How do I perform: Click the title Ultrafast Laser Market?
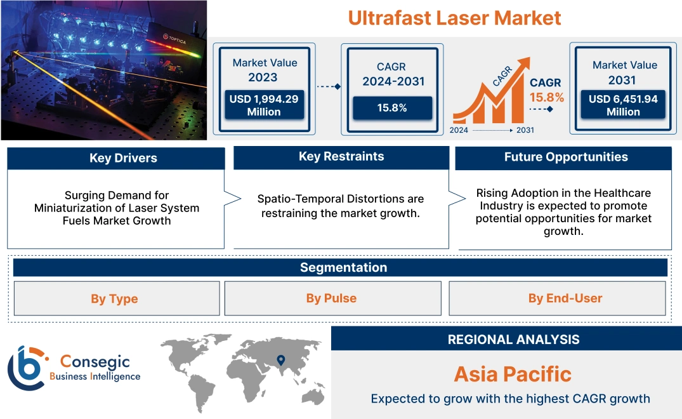coord(454,17)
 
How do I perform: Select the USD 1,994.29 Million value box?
coord(263,105)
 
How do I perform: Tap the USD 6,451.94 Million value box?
coord(622,105)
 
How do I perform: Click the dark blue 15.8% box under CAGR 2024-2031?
coord(392,108)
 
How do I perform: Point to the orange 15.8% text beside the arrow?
coord(547,98)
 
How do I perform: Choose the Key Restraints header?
coord(341,157)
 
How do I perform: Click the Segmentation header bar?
coord(343,267)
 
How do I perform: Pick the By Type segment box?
coord(114,298)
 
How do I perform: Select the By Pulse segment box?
coord(331,298)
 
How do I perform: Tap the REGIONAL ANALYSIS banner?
coord(513,340)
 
